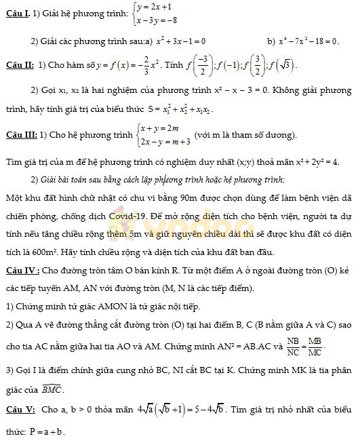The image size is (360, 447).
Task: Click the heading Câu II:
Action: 19,66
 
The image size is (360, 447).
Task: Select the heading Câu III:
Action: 20,134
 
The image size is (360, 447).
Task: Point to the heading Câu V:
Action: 19,410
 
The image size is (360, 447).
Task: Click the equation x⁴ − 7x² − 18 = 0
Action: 311,41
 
